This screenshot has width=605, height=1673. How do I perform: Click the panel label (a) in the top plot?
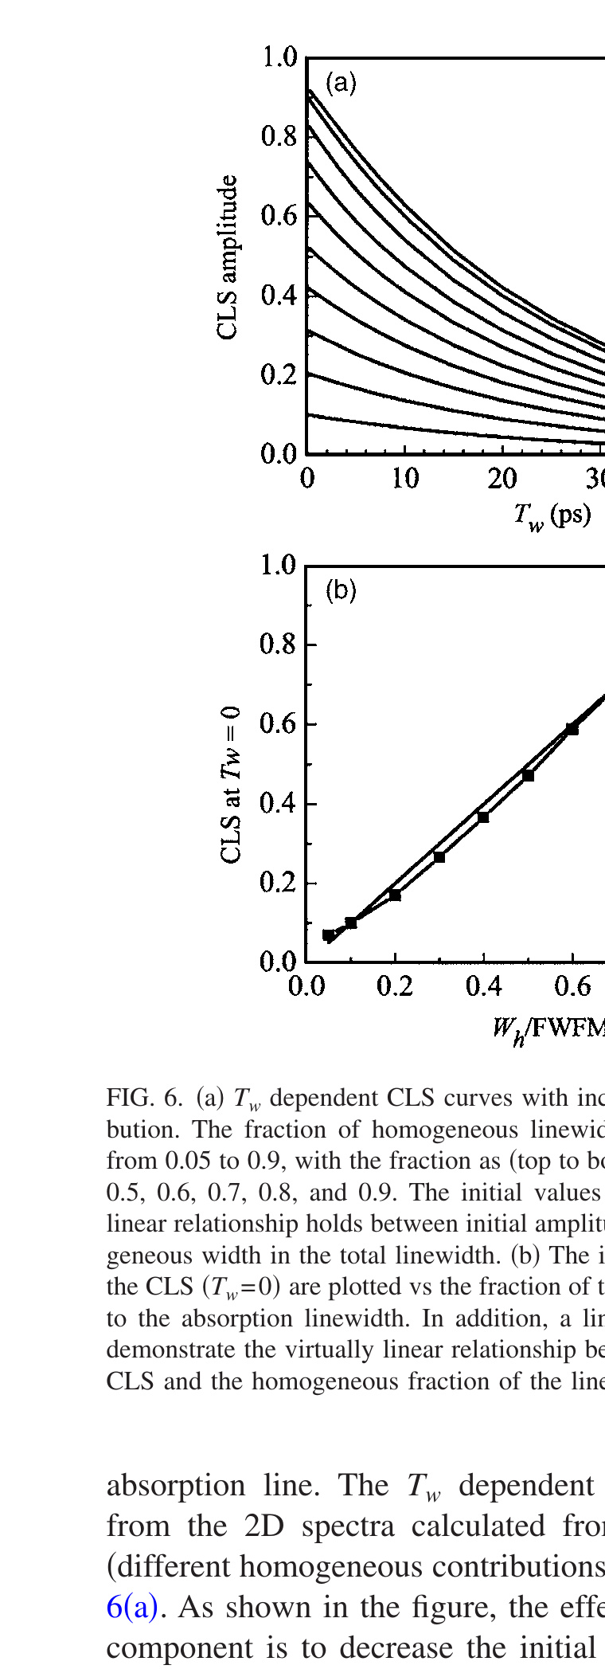tap(341, 83)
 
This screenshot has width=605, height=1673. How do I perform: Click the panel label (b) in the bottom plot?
tap(341, 590)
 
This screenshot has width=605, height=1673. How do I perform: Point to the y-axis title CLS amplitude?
tap(228, 257)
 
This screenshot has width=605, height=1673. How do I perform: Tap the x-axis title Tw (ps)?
tap(552, 515)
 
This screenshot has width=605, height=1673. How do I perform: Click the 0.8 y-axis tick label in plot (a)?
tap(279, 136)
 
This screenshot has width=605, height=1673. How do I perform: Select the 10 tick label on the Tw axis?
tap(405, 479)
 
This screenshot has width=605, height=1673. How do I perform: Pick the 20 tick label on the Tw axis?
tap(502, 479)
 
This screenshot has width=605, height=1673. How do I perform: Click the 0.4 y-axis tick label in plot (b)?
tap(279, 803)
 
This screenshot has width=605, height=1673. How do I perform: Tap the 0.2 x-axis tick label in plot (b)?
tap(395, 987)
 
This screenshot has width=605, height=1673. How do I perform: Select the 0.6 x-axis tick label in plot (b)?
tap(572, 987)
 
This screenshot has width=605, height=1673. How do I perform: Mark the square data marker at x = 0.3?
tap(439, 856)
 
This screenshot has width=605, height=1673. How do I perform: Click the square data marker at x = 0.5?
tap(528, 775)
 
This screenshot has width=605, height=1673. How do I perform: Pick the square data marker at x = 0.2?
tap(395, 895)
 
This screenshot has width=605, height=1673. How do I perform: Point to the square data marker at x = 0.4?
tap(483, 817)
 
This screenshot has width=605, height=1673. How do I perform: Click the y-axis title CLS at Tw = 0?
tap(230, 784)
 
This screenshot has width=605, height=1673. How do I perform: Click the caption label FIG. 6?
tap(145, 1099)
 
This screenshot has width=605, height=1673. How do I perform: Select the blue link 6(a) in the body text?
tap(132, 1607)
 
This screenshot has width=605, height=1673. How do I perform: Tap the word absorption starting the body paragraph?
tap(177, 1486)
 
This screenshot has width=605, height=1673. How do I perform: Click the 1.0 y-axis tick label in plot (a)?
tap(279, 57)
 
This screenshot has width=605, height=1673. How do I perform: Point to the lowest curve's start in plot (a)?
tap(310, 414)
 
